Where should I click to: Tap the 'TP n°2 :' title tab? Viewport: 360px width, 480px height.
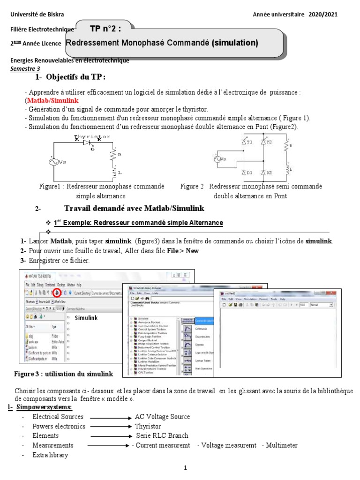105,28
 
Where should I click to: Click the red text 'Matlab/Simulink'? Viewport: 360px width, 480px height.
52,101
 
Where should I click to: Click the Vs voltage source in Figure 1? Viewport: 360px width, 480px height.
52,162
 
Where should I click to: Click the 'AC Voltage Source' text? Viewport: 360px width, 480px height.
162,417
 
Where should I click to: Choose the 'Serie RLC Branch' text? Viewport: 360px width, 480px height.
162,436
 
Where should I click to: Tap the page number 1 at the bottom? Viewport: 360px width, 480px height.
185,468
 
